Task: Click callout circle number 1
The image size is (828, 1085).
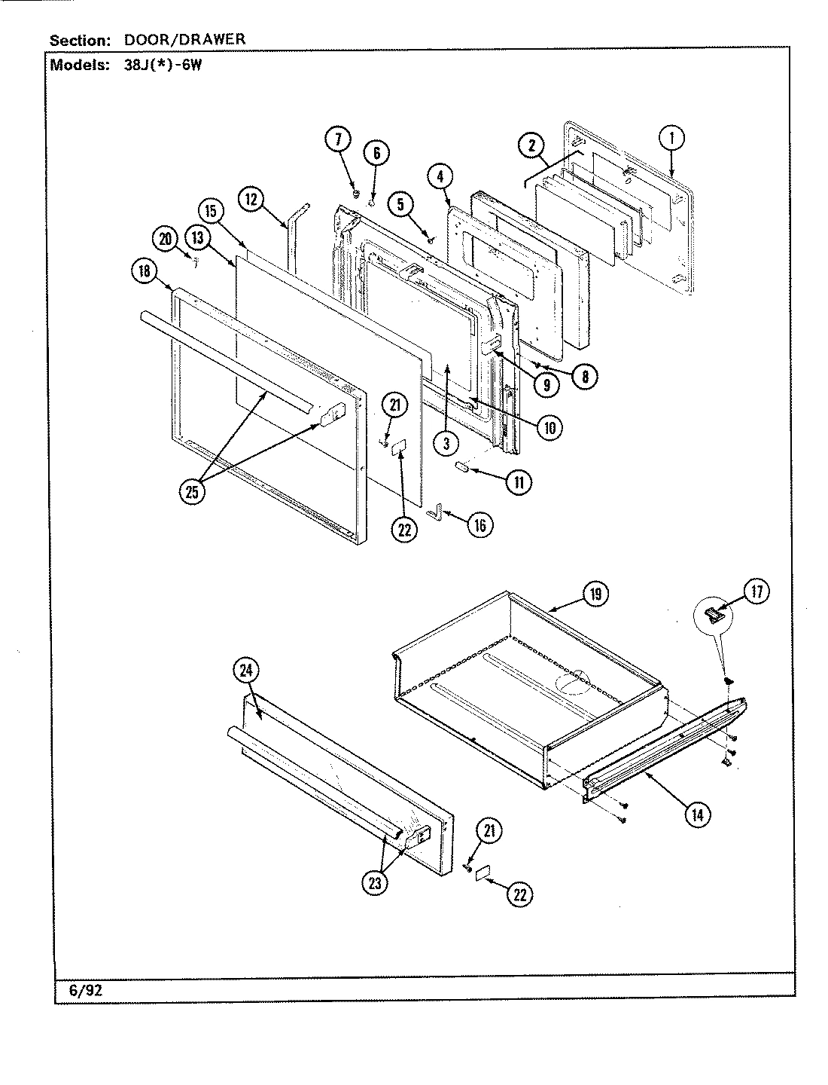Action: (671, 138)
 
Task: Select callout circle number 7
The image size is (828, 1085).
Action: (338, 139)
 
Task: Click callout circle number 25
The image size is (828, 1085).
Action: (193, 493)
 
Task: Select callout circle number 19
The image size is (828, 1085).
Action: (595, 594)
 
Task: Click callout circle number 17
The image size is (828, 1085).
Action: (756, 592)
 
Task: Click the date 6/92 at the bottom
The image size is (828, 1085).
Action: (85, 991)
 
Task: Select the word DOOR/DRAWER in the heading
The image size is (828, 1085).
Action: (184, 39)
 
